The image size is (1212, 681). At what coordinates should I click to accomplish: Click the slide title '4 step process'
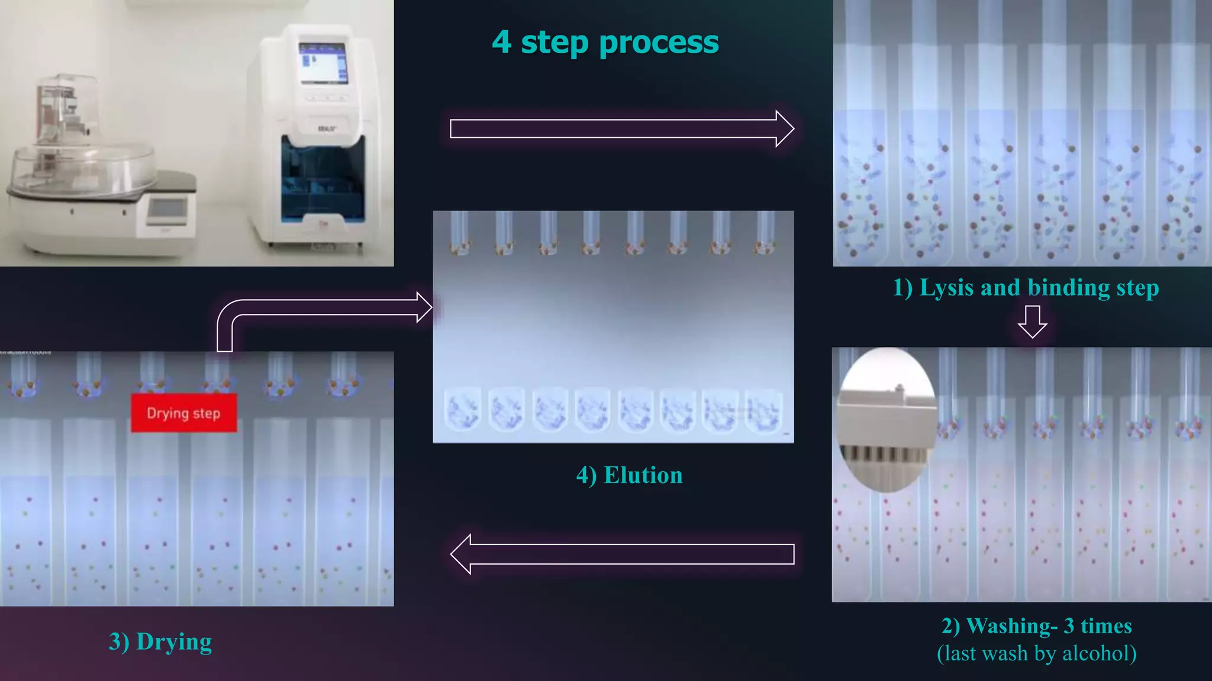click(x=605, y=43)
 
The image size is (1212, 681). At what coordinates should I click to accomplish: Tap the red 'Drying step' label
click(x=183, y=413)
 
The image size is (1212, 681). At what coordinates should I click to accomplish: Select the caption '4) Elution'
click(x=629, y=475)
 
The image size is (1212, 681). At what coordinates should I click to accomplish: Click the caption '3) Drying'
click(x=160, y=642)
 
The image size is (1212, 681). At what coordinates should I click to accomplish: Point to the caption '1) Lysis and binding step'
click(x=1026, y=288)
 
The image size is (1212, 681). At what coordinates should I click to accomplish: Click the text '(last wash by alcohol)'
click(x=1036, y=653)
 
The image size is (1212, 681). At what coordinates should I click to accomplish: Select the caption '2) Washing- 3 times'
click(x=1036, y=625)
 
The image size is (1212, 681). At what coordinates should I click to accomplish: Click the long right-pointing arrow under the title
click(x=621, y=128)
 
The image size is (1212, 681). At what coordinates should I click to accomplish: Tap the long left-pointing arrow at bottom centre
click(x=621, y=554)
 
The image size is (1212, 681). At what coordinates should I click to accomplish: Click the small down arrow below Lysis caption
click(x=1033, y=322)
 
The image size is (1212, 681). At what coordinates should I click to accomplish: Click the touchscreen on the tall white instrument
click(x=323, y=63)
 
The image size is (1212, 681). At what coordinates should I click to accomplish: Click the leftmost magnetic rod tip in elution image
click(x=459, y=245)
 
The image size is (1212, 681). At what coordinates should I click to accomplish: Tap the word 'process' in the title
click(x=659, y=43)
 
